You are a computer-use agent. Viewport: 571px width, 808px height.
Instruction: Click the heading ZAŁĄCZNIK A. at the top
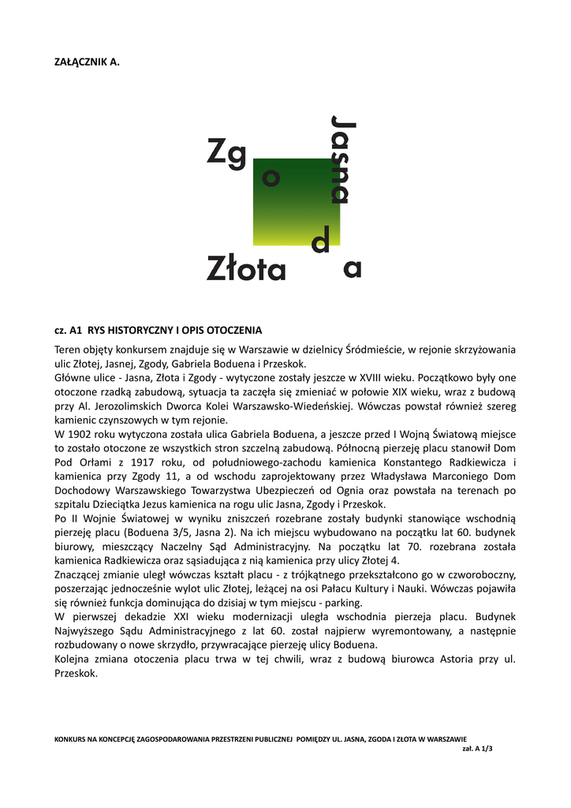point(87,62)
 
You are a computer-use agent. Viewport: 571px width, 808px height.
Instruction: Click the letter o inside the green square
point(271,179)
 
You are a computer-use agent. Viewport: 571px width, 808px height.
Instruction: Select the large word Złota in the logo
point(246,268)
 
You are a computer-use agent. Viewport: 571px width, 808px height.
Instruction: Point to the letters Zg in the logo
point(227,151)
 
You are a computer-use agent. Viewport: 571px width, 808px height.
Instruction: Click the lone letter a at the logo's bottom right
point(353,269)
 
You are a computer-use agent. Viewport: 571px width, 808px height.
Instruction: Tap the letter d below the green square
point(320,241)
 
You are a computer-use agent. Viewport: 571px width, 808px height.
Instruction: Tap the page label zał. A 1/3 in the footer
point(476,750)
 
